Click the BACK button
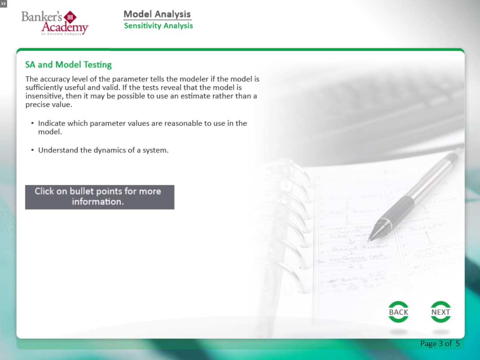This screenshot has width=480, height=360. point(398,312)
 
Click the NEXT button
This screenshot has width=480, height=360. point(440,312)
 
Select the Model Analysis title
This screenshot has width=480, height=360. point(157,14)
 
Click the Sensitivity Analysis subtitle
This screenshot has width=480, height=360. point(158,26)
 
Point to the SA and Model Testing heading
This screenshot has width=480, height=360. point(69,65)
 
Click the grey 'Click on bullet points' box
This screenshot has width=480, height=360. point(100,197)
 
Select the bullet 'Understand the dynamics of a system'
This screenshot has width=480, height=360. point(103,150)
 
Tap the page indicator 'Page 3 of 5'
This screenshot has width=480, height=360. point(440,344)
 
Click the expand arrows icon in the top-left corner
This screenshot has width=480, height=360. point(3,3)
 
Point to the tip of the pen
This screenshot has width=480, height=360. point(370,239)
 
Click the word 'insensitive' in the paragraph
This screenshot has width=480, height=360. point(44,96)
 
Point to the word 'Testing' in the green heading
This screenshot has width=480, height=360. point(98,65)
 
